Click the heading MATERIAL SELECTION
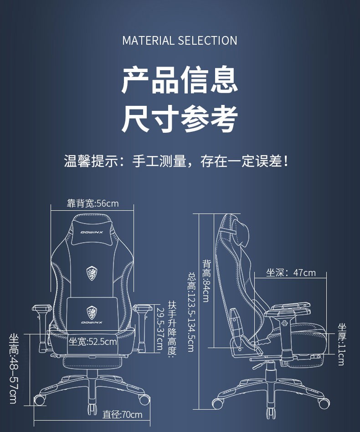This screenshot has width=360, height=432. [180, 41]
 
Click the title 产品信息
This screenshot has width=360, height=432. [180, 80]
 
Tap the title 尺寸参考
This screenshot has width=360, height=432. [180, 119]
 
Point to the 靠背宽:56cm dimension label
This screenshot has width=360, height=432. [93, 203]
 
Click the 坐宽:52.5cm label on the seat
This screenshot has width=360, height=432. [93, 342]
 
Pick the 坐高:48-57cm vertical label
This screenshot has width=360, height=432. [13, 369]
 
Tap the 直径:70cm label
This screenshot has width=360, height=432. [122, 415]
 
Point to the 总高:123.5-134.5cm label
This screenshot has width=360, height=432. [191, 312]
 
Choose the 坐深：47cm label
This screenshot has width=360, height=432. [291, 273]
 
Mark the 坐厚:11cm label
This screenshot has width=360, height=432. [341, 344]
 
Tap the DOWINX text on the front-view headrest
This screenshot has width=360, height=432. [92, 232]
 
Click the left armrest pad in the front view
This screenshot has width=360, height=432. [41, 308]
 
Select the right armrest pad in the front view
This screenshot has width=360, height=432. [143, 308]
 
